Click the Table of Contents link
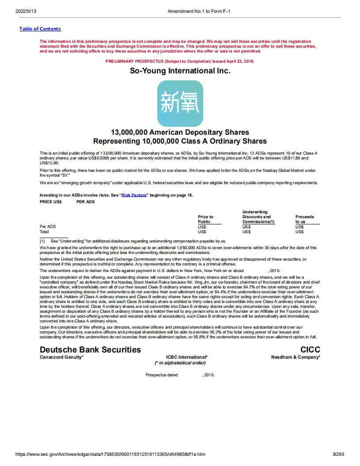point(40,29)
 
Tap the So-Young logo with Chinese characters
point(180,103)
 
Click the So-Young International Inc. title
point(180,71)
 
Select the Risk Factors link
point(134,195)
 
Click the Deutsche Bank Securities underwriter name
point(90,350)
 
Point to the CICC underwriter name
point(310,350)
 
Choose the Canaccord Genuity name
point(61,357)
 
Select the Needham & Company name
point(296,357)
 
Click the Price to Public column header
point(205,219)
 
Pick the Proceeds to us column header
point(305,219)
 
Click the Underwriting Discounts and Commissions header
point(258,217)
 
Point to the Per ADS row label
point(48,227)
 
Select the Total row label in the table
point(44,231)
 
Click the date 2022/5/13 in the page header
point(25,11)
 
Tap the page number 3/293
point(338,454)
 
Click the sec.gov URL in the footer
point(110,454)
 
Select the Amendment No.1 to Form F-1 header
point(199,11)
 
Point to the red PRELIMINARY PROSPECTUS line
point(180,61)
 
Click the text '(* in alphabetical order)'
point(180,363)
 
